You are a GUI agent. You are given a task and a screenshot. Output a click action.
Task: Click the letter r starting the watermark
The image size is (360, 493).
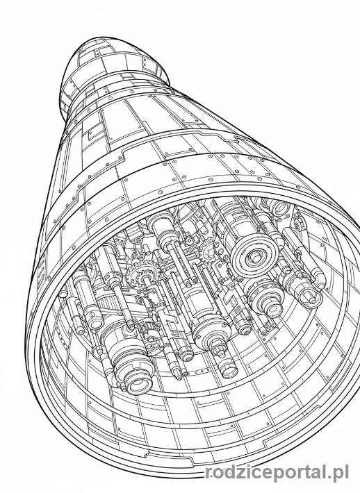click(208, 473)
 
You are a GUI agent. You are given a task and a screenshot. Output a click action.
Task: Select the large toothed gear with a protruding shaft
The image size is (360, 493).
click(143, 276)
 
